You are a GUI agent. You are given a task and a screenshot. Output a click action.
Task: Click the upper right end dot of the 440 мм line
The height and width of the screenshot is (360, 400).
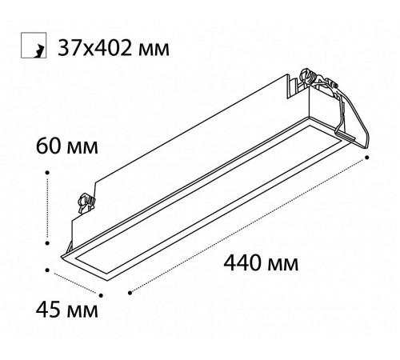pos(366,158)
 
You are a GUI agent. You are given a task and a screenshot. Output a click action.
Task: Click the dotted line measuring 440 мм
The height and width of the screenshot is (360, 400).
pos(248,225)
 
